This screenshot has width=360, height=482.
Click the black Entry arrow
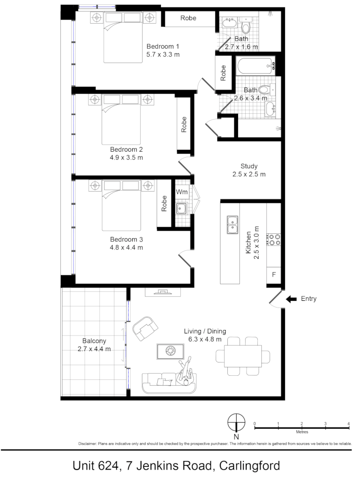[291, 299]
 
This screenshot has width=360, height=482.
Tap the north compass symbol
[236, 422]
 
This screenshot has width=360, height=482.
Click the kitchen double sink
[233, 225]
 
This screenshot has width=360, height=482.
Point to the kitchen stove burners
[273, 239]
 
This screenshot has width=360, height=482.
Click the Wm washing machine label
[181, 192]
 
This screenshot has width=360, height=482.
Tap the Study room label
[249, 166]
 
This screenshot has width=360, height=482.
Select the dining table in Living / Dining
[243, 356]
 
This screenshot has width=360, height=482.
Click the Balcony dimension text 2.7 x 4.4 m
[94, 349]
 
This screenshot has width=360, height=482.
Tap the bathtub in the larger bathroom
[255, 66]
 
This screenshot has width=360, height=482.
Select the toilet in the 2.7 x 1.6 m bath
[245, 27]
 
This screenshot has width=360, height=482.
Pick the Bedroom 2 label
[126, 150]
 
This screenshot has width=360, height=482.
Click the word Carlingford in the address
[250, 466]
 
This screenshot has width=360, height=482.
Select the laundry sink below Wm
[181, 209]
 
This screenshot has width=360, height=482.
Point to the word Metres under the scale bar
[301, 432]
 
